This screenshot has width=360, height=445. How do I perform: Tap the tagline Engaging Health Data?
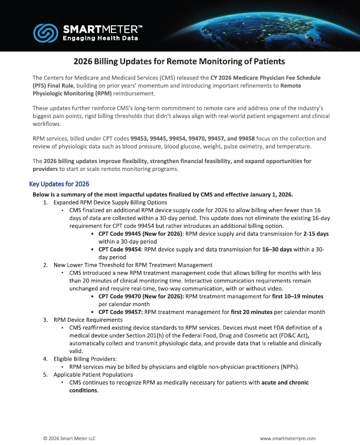pos(100,38)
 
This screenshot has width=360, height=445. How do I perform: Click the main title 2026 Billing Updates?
pos(180,62)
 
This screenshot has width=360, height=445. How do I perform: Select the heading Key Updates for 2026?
pos(59,184)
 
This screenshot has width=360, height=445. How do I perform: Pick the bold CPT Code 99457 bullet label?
pos(120,312)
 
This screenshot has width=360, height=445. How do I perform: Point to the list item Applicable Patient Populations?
pos(93,375)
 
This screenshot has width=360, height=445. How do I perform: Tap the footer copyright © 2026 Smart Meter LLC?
pos(69,438)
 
